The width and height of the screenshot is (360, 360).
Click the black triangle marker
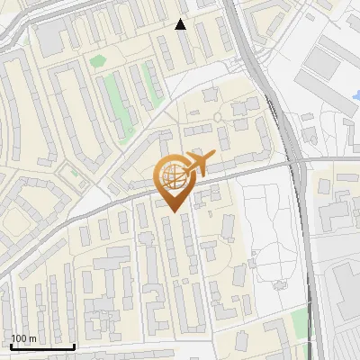[x=181, y=24]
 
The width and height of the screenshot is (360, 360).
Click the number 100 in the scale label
[x=18, y=338]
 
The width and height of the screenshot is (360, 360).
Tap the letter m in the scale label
[x=31, y=338]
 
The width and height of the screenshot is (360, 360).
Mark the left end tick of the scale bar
[x=10, y=346]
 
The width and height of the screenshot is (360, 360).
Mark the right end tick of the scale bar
[x=74, y=346]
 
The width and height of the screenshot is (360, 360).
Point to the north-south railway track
[x=302, y=225]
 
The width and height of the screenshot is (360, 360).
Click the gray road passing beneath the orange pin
[x=108, y=203]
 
